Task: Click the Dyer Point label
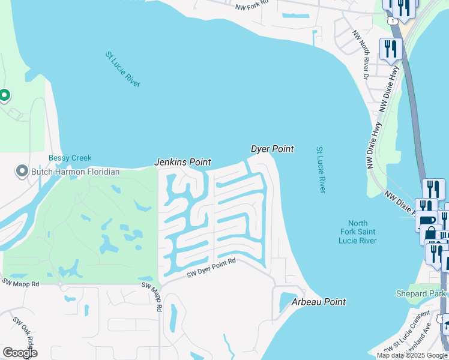coord(272,149)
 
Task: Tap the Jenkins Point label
coord(182,162)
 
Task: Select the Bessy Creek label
coord(70,158)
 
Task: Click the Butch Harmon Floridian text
coord(76,172)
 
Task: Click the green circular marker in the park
coord(4,95)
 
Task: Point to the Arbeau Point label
coord(319,302)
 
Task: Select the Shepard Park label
coord(421,293)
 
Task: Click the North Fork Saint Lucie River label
coord(357,232)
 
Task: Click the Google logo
coord(19,353)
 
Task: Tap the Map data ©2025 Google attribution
coord(411,355)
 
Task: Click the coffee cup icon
coord(427,220)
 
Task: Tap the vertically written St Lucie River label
coord(320,169)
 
